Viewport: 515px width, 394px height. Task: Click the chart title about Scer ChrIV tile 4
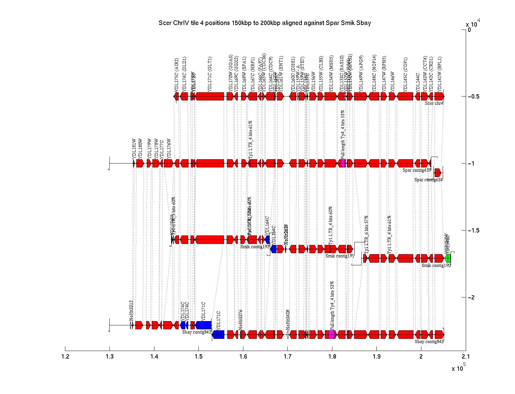coord(264,23)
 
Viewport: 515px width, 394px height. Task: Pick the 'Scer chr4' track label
coord(434,103)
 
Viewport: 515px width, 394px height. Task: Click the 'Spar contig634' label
coord(428,180)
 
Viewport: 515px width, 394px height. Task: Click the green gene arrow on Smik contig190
coord(448,258)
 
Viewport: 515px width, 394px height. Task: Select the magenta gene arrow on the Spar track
coord(343,163)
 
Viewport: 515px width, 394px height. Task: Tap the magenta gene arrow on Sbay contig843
coord(332,335)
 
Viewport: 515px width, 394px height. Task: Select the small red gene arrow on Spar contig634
coord(437,173)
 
